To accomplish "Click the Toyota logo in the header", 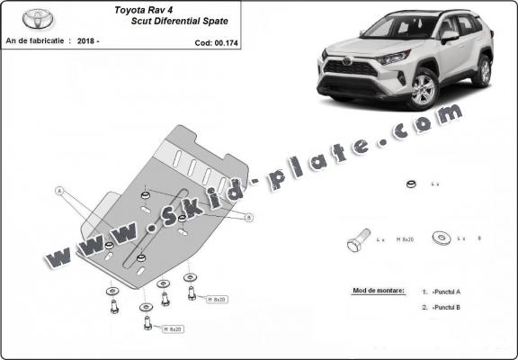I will [38, 19].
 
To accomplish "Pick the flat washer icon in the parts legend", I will [442, 238].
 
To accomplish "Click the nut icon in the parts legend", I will [409, 184].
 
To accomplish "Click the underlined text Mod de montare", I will [374, 292].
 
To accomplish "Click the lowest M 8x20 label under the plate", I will [174, 329].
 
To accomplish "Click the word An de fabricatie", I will [38, 41].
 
